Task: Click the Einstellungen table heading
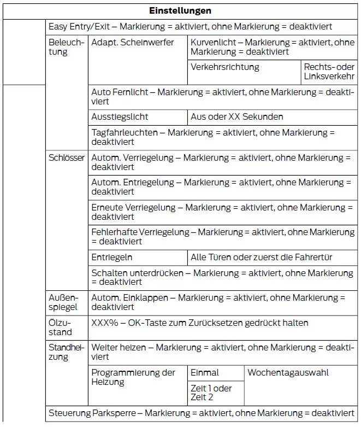point(180,11)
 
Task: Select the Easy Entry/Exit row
point(190,26)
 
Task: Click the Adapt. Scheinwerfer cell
point(133,42)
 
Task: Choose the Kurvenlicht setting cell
point(271,47)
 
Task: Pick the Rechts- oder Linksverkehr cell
point(329,72)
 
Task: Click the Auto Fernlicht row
point(222,97)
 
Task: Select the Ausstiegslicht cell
point(120,117)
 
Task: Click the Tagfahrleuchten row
point(213,137)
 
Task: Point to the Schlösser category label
point(67,158)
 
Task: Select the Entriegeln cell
point(112,257)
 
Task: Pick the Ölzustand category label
point(60,327)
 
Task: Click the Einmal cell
point(205,373)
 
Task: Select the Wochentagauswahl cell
point(288,373)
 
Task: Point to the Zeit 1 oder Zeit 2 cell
point(211,393)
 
